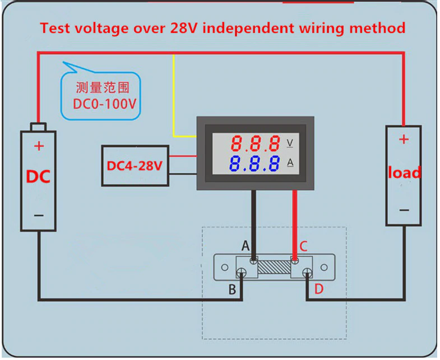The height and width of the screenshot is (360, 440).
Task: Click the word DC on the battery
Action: (38, 177)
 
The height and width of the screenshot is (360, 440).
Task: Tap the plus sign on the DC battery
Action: (39, 147)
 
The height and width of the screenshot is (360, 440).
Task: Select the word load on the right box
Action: (404, 172)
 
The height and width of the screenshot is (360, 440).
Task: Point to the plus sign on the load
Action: (404, 139)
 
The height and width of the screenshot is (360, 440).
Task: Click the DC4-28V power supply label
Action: (135, 166)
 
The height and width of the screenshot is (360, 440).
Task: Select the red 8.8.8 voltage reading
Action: (255, 144)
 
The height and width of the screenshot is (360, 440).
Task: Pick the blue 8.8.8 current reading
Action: (255, 164)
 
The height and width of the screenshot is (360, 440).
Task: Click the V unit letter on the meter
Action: (290, 143)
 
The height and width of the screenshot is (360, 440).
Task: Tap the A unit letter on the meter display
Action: (290, 163)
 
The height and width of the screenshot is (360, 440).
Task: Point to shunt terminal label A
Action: (245, 246)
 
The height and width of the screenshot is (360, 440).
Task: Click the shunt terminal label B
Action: (231, 289)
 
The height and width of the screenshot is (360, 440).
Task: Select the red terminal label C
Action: (303, 246)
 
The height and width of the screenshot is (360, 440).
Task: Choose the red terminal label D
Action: (318, 289)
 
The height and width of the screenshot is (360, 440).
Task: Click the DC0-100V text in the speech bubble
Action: (105, 104)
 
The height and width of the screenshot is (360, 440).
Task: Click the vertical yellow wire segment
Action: (174, 95)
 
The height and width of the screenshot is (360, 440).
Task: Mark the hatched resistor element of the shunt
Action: (274, 266)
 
